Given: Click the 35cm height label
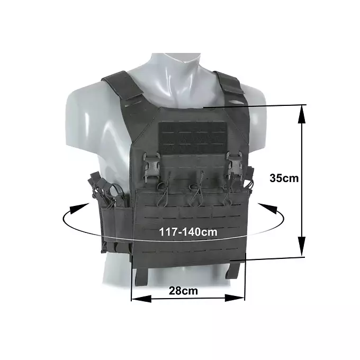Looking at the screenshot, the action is (284, 178).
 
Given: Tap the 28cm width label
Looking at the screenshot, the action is (183, 291).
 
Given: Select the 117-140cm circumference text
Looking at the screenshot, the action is (188, 232).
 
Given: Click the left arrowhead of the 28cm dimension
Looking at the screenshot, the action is (141, 299).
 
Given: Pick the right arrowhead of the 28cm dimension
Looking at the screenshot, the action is (235, 298).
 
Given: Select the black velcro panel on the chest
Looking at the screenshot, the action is (193, 137).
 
